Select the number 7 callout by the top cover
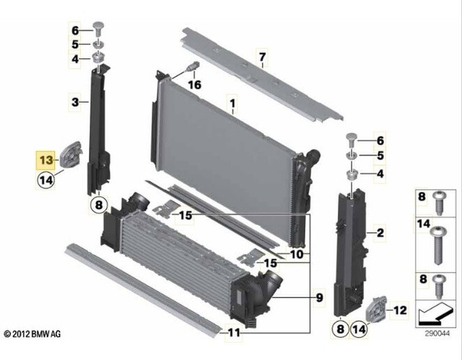pos(263,56)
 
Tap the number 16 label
pos(194,84)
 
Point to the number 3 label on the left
pos(74,103)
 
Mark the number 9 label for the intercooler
pos(319,297)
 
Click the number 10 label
pos(297,255)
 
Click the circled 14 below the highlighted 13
pos(45,180)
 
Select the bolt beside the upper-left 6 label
pos(99,31)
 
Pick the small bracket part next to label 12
pos(376,311)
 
